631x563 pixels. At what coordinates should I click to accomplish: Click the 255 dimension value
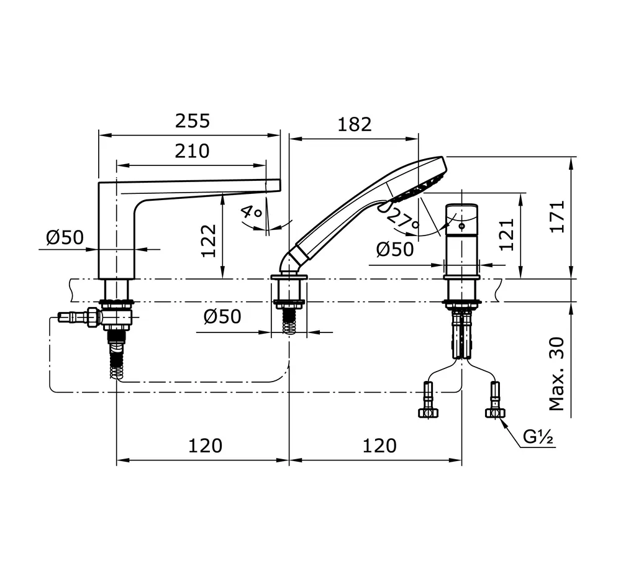click(x=192, y=121)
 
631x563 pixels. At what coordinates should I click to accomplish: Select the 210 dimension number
click(x=191, y=150)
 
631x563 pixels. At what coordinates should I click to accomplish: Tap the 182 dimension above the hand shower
click(x=354, y=124)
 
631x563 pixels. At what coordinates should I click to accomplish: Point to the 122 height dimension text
click(x=209, y=240)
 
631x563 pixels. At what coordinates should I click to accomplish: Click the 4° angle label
click(x=252, y=213)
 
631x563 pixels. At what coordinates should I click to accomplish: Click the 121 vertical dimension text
click(x=507, y=234)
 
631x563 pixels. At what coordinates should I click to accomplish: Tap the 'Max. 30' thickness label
click(x=557, y=374)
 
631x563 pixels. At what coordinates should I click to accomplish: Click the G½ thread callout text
click(x=538, y=437)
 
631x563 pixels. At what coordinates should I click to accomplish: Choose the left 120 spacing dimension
click(x=204, y=445)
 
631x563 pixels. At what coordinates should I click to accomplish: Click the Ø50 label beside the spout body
click(x=65, y=237)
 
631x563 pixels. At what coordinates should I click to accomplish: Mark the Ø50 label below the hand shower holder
click(x=222, y=317)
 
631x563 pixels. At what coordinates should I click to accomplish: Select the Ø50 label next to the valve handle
click(x=395, y=249)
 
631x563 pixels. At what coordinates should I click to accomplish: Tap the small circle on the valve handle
click(x=461, y=226)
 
